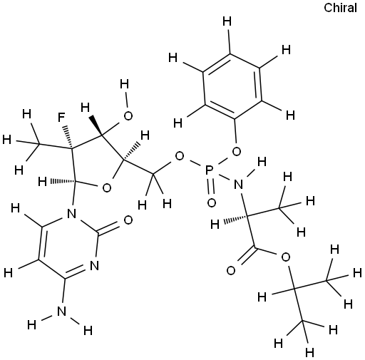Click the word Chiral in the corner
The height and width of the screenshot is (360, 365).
(x=340, y=8)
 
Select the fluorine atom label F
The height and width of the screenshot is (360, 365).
(x=62, y=118)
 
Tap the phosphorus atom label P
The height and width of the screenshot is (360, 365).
(x=209, y=170)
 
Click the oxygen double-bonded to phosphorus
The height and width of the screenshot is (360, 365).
(x=211, y=203)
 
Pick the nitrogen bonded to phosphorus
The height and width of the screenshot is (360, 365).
(x=239, y=185)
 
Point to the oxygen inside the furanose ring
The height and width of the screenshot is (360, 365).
(x=106, y=187)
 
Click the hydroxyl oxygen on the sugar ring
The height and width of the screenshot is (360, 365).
(x=128, y=115)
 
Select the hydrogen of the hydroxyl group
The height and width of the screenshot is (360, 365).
(x=124, y=84)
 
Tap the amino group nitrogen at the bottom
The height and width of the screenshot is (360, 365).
(x=62, y=311)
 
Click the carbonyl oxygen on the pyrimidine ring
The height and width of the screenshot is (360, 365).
(x=128, y=220)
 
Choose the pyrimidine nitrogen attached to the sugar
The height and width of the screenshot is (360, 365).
(x=72, y=214)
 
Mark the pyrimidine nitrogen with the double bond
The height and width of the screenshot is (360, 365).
(x=95, y=265)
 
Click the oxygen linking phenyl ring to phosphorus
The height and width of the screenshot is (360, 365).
(x=237, y=151)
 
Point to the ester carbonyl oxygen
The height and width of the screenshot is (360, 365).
(x=231, y=270)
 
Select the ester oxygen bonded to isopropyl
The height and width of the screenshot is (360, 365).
(x=285, y=257)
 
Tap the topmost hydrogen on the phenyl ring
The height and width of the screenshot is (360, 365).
(x=227, y=21)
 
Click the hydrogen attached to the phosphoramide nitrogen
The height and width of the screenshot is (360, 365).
(x=262, y=162)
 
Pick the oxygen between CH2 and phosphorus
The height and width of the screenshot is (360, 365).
(x=180, y=156)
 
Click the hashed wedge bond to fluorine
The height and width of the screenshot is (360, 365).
(x=68, y=137)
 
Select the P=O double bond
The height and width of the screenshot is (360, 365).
(x=210, y=187)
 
